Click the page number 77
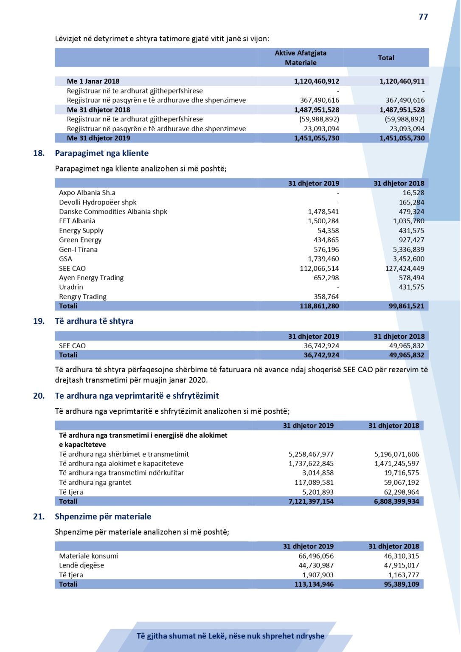tap(423, 17)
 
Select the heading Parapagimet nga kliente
tap(101, 153)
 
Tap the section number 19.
tap(39, 321)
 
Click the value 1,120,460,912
tap(316, 81)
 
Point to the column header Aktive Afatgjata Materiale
tap(301, 58)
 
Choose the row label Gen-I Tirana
tap(78, 250)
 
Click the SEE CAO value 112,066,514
tap(319, 268)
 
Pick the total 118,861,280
tap(319, 306)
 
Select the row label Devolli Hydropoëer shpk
tap(98, 202)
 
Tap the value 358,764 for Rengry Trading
tap(326, 297)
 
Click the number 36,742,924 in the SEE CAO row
tap(321, 346)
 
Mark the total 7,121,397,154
tap(311, 501)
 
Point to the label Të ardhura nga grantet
tap(95, 482)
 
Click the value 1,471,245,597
tap(396, 464)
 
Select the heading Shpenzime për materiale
tap(103, 517)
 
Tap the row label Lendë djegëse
tap(82, 565)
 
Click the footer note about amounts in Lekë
tap(230, 636)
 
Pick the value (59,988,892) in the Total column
tap(404, 119)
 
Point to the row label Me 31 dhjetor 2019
tap(98, 138)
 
